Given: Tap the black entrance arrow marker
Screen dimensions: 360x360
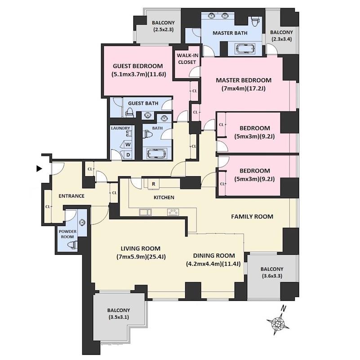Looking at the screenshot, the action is coord(39,169).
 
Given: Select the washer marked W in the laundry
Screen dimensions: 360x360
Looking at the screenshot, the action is coord(128,144).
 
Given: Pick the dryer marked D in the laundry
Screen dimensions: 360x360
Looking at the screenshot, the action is coord(128,155).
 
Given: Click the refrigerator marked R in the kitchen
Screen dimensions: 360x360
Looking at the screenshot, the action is coord(154,184).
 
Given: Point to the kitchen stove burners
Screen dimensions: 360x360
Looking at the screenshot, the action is coord(173,212).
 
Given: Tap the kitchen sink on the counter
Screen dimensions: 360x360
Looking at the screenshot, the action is coord(145,212).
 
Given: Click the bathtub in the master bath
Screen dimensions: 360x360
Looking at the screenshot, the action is coord(245,49).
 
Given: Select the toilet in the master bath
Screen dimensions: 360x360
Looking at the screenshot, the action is coord(255,22).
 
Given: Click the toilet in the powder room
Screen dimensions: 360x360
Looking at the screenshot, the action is coord(72,244).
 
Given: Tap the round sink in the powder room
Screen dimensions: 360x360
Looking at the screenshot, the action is coord(82,222).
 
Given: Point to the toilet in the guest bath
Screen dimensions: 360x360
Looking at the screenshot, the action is coord(130,113).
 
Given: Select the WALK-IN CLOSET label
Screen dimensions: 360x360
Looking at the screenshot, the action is coord(187,59).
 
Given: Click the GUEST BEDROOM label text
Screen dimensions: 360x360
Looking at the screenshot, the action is coord(138,66).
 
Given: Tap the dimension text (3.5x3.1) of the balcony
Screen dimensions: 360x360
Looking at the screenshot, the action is coord(119,317).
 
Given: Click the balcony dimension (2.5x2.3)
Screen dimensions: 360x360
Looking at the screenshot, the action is coord(163,29).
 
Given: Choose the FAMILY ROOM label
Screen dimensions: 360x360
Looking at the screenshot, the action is coord(252,217).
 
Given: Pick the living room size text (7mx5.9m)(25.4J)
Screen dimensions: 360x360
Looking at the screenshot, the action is coord(141,257).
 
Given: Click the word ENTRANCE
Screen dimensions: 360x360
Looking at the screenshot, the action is coord(71,196).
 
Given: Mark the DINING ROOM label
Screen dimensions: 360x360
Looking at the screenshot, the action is coord(214,256).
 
